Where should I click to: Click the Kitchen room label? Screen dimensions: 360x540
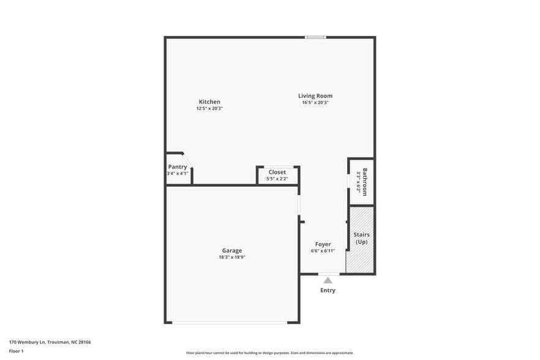(209, 102)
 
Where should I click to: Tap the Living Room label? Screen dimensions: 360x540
(315, 96)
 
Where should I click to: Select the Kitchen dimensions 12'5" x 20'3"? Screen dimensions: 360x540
(209, 108)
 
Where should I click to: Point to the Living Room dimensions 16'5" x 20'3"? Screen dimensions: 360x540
(315, 102)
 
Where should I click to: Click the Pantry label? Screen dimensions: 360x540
(178, 167)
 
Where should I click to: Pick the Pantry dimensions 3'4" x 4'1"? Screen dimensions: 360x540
(178, 173)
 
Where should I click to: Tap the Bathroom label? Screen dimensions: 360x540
(365, 182)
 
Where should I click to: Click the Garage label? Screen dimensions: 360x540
(231, 250)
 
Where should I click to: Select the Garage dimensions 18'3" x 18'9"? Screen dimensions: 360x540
(231, 257)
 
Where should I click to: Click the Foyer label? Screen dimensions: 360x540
(323, 244)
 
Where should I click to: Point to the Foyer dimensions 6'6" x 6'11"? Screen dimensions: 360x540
(323, 250)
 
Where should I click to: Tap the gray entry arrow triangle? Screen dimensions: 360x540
(328, 280)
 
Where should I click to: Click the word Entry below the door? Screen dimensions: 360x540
(328, 290)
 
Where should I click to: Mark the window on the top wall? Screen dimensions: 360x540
(316, 37)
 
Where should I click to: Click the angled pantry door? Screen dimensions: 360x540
(188, 160)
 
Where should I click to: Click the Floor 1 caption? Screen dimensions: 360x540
(17, 351)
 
